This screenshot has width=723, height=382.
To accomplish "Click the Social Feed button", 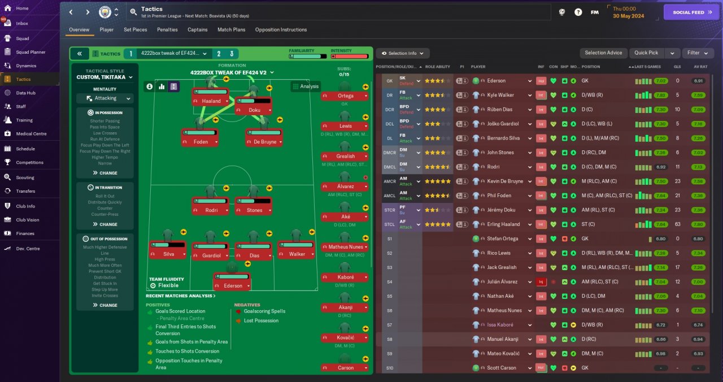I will click(x=691, y=12).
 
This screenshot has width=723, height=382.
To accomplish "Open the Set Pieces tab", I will click(x=136, y=29).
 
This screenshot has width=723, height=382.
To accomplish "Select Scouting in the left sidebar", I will click(x=25, y=177).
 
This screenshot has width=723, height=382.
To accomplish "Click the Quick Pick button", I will click(x=646, y=53).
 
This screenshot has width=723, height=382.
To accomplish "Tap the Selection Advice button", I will click(x=603, y=53).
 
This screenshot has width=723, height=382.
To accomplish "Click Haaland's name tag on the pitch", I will click(x=211, y=101).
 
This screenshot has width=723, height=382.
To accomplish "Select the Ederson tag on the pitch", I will click(x=232, y=286).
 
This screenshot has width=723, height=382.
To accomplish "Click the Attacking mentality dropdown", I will click(x=105, y=98).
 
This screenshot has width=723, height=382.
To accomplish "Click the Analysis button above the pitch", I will click(x=306, y=86).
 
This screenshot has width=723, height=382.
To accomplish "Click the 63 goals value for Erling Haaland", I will click(x=677, y=224).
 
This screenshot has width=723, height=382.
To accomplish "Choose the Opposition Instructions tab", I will click(x=281, y=29).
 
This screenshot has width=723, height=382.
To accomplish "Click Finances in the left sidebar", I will click(x=25, y=233).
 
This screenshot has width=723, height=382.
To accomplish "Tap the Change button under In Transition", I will click(x=105, y=224).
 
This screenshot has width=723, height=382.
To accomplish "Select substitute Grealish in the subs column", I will click(x=345, y=157).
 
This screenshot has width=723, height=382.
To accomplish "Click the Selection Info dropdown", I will click(x=403, y=53).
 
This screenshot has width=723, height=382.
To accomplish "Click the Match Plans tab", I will click(x=231, y=29).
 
